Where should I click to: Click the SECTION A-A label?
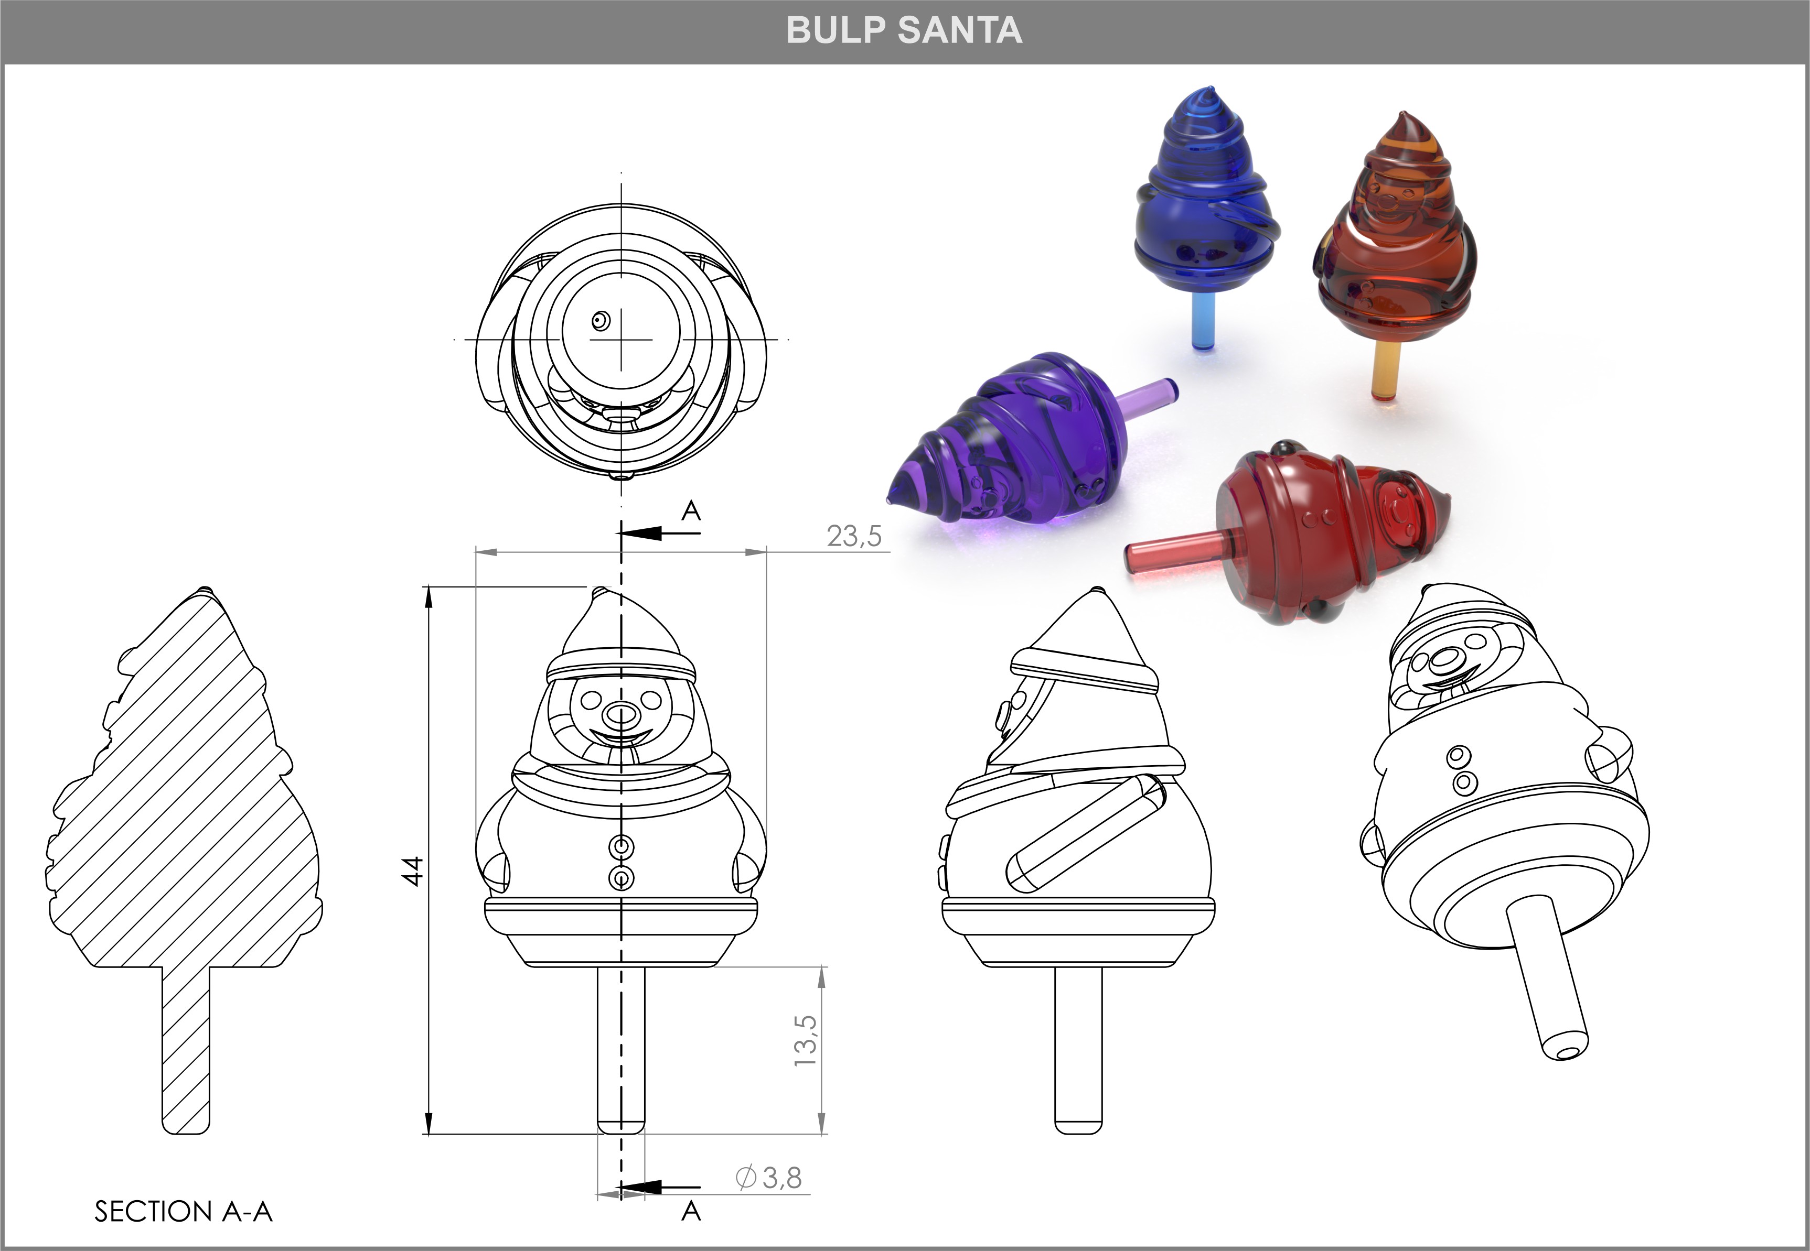184,1211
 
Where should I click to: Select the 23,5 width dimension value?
853,536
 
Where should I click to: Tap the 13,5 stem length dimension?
806,1040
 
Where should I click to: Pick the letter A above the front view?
690,511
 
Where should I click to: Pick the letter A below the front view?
690,1211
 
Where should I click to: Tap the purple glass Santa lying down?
1020,447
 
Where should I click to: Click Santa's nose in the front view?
620,714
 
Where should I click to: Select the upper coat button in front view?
621,846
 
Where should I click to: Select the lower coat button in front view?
621,878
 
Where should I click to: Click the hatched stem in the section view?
186,1050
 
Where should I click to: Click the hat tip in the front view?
600,591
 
